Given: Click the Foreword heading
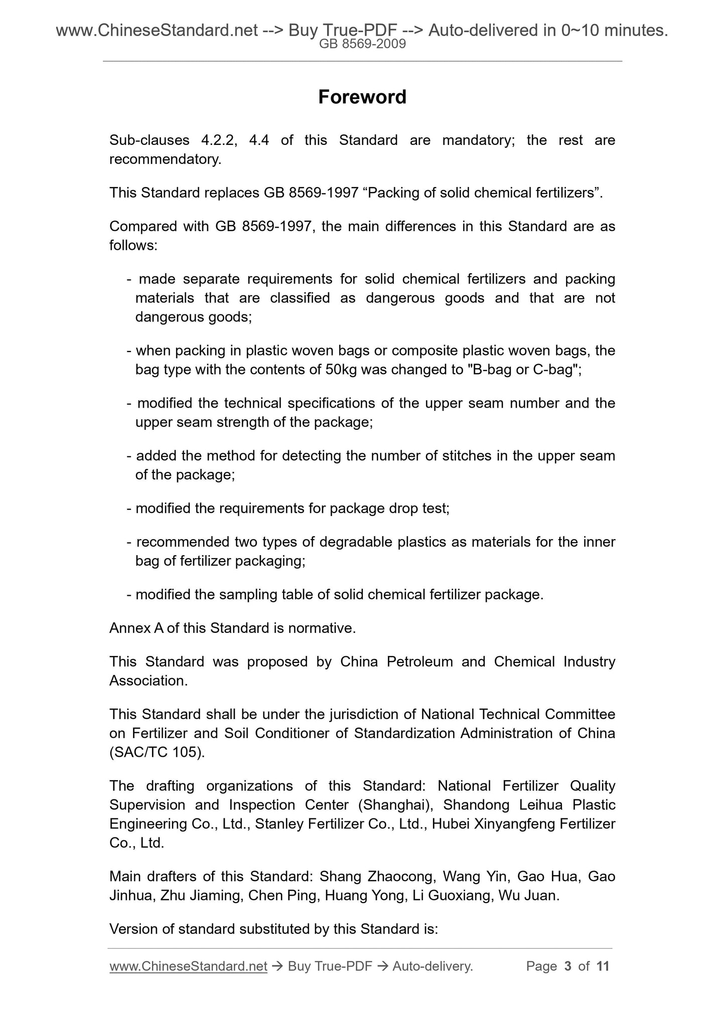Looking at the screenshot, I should [362, 97].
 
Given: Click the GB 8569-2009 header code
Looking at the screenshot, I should [362, 44].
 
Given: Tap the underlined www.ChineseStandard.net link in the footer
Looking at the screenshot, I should [188, 966].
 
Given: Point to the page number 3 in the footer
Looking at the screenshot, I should [568, 966].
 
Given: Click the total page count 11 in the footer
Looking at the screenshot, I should [603, 966].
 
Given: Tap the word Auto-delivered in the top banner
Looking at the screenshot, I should [483, 31].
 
